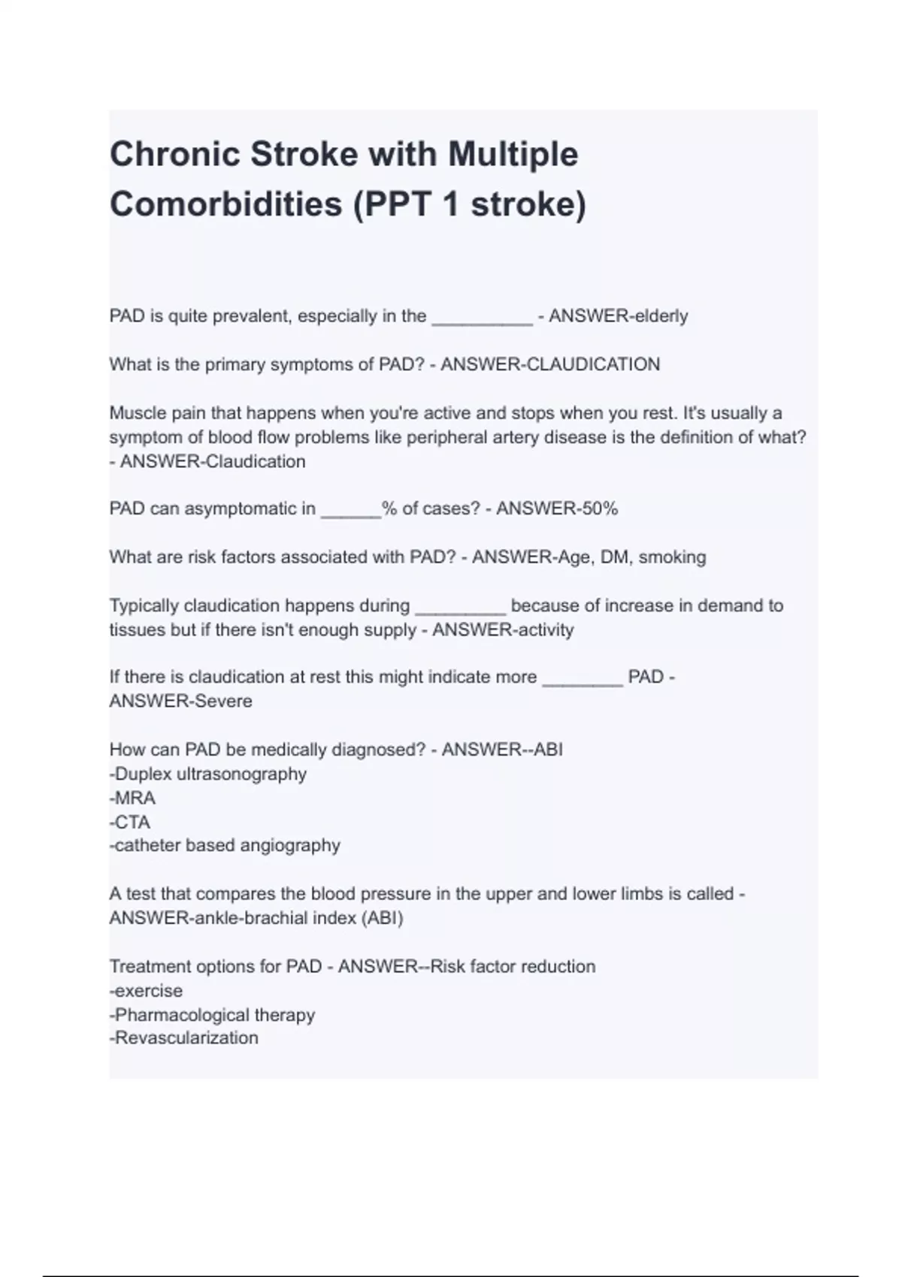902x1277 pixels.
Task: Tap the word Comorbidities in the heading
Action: click(x=225, y=204)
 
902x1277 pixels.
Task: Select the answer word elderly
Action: click(x=661, y=316)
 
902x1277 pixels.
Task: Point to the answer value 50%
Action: click(x=599, y=509)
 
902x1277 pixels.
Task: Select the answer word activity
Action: click(x=543, y=629)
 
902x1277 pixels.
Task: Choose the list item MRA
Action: click(x=135, y=798)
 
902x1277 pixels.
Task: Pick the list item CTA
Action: click(x=132, y=822)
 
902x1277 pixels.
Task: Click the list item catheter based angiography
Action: click(x=227, y=845)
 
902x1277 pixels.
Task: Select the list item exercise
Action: click(x=148, y=990)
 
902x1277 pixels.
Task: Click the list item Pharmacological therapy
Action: click(x=214, y=1015)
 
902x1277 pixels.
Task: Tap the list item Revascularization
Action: click(x=186, y=1038)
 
